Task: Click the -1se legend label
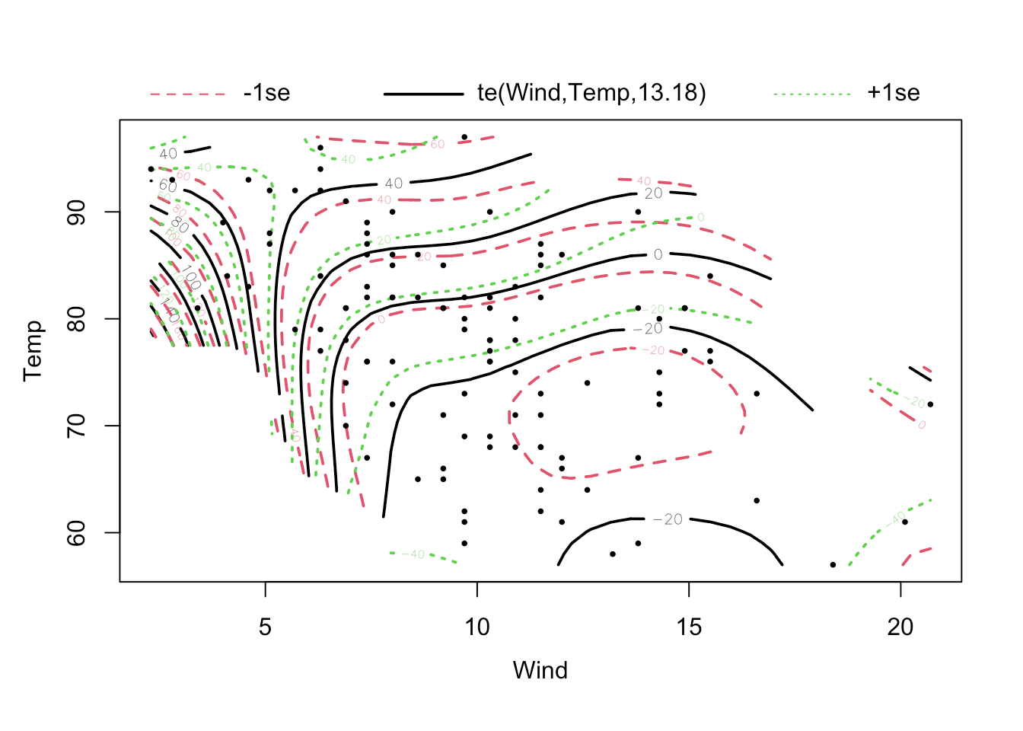(266, 93)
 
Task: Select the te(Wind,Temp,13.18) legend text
(591, 93)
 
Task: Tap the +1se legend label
(893, 93)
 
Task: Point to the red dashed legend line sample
(188, 94)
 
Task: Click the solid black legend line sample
(423, 94)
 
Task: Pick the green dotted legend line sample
(811, 94)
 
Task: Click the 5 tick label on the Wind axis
(265, 627)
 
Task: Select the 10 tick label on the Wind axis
(476, 627)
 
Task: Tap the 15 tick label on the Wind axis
(689, 627)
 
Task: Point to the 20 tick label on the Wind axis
(900, 627)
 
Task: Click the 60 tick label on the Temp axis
(77, 532)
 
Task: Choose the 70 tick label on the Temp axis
(77, 426)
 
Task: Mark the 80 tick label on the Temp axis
(77, 318)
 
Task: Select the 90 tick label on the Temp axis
(77, 212)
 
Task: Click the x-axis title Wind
(540, 670)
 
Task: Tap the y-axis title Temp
(33, 350)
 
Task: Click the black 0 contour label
(658, 254)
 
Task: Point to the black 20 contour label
(654, 193)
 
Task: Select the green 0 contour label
(700, 218)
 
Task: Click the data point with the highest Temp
(464, 137)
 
